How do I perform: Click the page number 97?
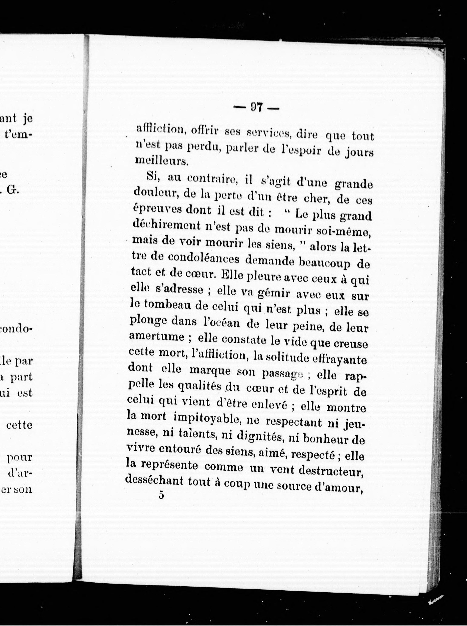point(256,107)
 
